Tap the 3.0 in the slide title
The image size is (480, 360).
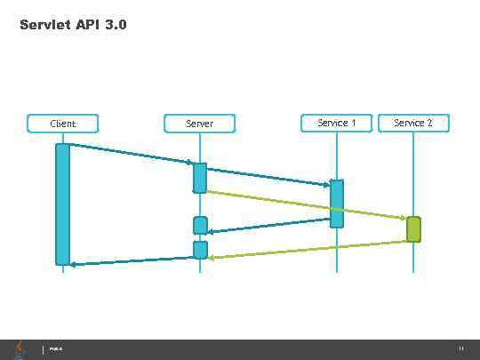(115, 26)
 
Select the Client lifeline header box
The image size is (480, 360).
(63, 124)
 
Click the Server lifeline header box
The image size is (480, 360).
(200, 124)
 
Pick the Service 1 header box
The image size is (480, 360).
(336, 123)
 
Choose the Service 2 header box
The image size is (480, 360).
(413, 123)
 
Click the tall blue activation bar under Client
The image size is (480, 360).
(63, 204)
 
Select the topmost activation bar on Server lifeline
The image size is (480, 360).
(200, 178)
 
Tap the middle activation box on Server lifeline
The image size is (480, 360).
(200, 226)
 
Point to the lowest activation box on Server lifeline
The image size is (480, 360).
(200, 250)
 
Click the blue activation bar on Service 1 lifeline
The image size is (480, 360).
(336, 204)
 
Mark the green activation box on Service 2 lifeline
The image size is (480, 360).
(413, 229)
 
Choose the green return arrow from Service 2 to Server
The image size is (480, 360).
(307, 249)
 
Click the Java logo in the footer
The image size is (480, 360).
(20, 348)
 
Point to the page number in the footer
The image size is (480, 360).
(460, 348)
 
